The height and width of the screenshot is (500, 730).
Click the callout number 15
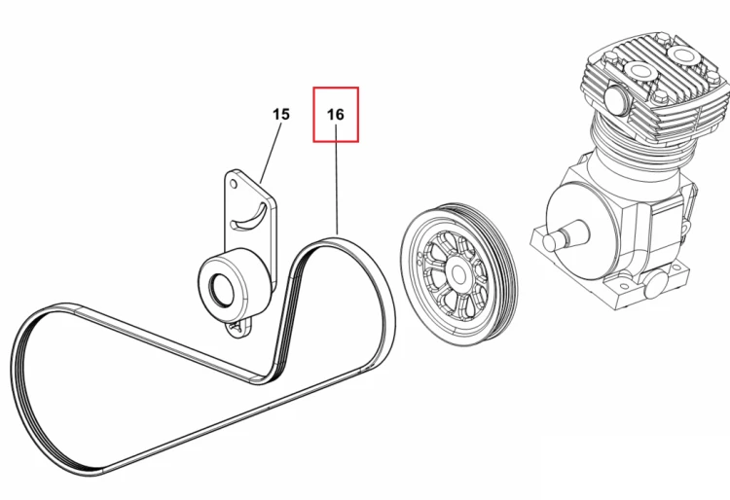click(280, 114)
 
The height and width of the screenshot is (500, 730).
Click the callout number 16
click(336, 115)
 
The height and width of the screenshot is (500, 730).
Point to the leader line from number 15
click(271, 153)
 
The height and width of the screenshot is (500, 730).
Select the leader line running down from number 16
click(337, 181)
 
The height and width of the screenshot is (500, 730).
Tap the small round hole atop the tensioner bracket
click(234, 185)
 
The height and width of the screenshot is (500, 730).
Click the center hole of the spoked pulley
click(458, 274)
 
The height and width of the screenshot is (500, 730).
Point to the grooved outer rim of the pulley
click(505, 274)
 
